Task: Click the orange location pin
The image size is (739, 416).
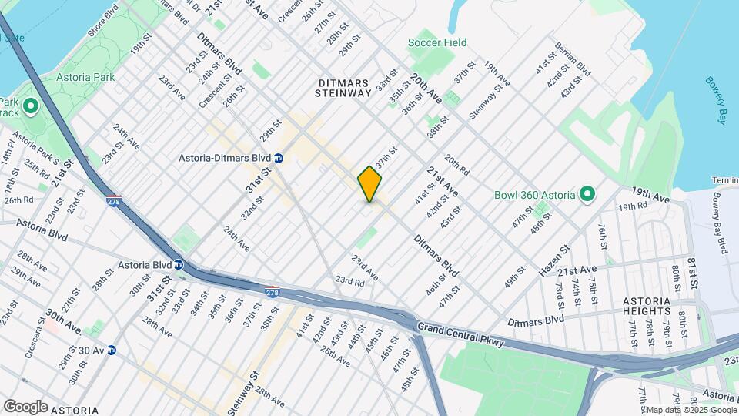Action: point(370,183)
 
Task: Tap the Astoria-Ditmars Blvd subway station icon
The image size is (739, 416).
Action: point(279,158)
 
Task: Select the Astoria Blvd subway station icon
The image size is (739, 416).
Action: point(178,264)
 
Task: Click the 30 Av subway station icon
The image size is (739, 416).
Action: point(112,350)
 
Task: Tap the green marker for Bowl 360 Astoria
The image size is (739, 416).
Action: point(586,194)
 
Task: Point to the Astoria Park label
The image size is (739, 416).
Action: point(85,77)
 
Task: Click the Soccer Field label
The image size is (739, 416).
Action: point(437,42)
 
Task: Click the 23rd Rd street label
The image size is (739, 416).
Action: point(349,281)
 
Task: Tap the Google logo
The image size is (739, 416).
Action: point(25,406)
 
